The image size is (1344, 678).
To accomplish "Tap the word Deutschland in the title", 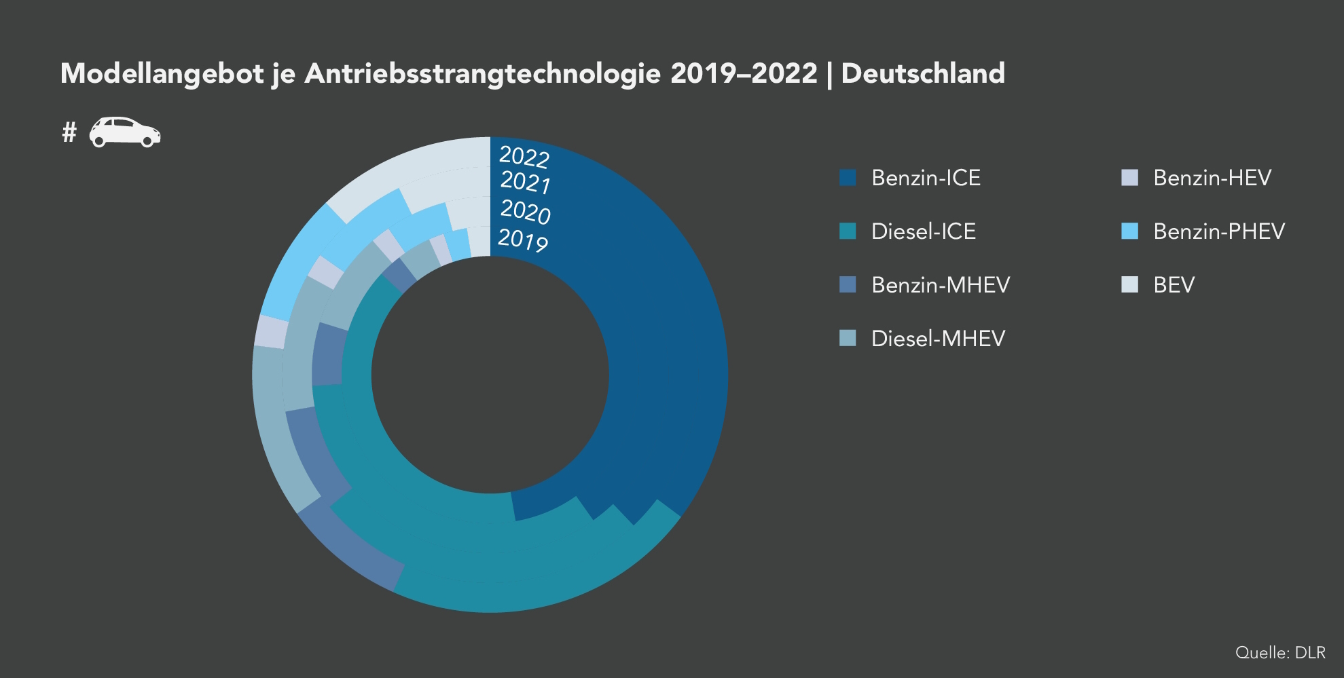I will click(923, 74).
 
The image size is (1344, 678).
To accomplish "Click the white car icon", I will click(125, 132).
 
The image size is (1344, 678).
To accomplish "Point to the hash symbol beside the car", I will click(69, 132).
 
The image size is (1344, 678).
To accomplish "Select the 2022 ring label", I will click(524, 157).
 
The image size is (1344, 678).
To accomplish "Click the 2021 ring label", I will click(525, 183).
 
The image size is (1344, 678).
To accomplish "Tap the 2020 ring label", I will click(525, 212).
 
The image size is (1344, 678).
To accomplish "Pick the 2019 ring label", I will click(522, 240).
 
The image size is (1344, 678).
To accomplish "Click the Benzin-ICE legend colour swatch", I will click(848, 178).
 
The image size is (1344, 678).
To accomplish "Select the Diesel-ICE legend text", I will click(923, 231).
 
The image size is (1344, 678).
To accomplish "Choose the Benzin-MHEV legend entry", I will click(940, 285).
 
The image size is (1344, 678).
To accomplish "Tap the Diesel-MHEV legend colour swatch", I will click(848, 338).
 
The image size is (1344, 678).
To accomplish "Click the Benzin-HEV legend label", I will click(1212, 178).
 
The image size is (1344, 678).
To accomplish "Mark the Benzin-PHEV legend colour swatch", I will click(1129, 231).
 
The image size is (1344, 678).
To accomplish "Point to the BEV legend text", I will click(1174, 285).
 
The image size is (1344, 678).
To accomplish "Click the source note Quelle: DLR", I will click(1280, 653).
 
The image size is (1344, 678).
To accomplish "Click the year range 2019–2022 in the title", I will click(744, 74).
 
